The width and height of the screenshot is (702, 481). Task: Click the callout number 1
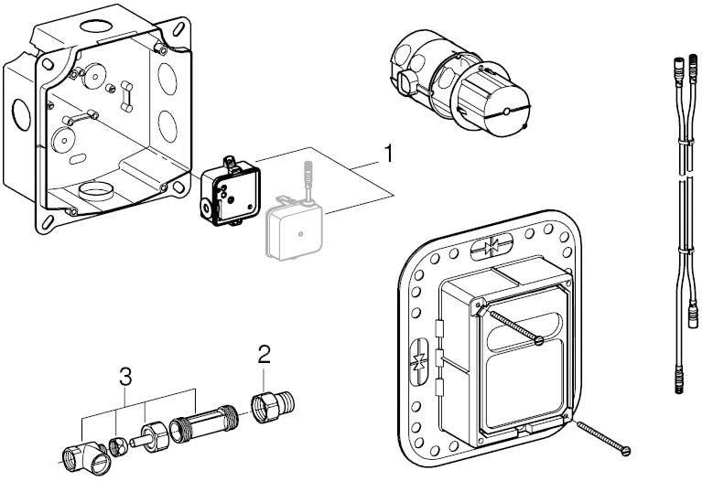389,154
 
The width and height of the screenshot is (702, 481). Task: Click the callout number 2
265,355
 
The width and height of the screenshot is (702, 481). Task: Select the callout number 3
125,377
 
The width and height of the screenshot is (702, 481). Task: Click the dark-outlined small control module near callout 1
230,192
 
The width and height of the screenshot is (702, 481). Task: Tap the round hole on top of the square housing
97,25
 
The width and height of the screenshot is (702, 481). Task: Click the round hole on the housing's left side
21,115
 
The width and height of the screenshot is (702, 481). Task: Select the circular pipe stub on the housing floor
95,190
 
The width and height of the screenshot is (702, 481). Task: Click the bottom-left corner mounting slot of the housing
47,222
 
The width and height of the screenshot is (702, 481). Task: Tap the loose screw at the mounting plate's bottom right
604,439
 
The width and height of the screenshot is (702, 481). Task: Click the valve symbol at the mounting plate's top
491,246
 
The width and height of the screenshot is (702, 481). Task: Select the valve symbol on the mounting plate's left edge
419,361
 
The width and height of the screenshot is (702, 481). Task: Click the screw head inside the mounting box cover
539,341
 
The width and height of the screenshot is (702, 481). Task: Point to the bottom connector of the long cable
679,380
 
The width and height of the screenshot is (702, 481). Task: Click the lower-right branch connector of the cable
693,318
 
